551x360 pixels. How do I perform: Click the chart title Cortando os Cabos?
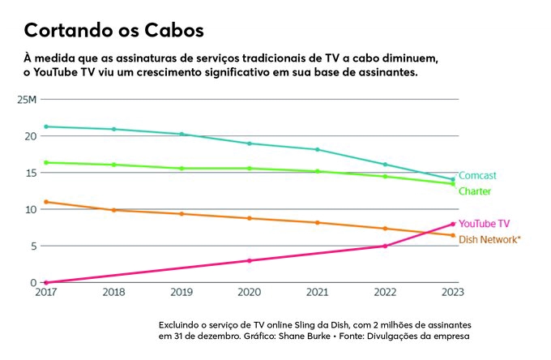click(x=113, y=31)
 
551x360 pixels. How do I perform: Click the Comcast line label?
click(x=477, y=176)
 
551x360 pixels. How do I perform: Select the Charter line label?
click(x=475, y=191)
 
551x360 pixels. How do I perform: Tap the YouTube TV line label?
click(x=484, y=223)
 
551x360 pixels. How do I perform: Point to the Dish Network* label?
click(x=489, y=239)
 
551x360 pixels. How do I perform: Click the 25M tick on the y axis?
click(x=27, y=99)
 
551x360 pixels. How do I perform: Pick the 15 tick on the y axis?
click(x=31, y=173)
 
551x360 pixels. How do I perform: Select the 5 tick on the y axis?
click(x=33, y=246)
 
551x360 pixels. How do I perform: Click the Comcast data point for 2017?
click(x=46, y=126)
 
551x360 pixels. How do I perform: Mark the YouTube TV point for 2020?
click(x=250, y=260)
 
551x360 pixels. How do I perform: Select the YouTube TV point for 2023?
click(x=453, y=224)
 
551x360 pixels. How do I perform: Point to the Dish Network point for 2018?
click(x=114, y=210)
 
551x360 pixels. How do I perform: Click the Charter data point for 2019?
click(x=182, y=168)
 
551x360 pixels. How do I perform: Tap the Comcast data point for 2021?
click(x=318, y=149)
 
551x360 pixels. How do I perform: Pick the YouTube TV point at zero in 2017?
click(x=46, y=282)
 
